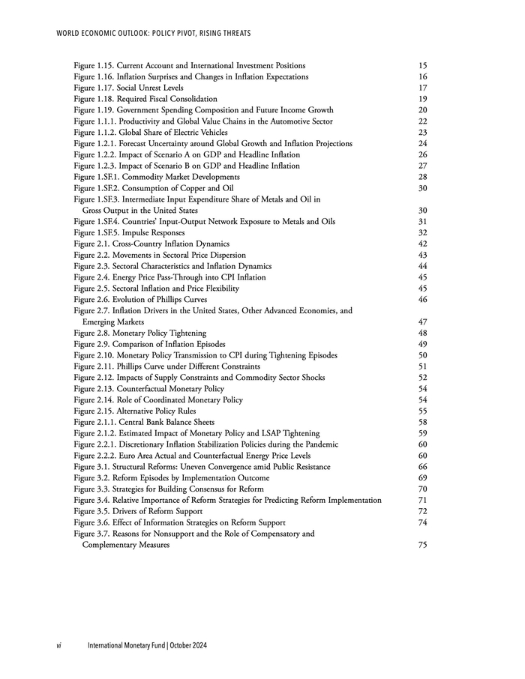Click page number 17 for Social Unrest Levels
click(x=423, y=88)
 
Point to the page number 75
click(x=423, y=546)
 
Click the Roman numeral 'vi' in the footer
click(x=60, y=646)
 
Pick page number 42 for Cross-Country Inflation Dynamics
click(x=423, y=244)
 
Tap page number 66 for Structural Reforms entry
click(x=423, y=467)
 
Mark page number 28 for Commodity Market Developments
click(x=423, y=177)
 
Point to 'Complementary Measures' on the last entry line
click(x=126, y=546)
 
